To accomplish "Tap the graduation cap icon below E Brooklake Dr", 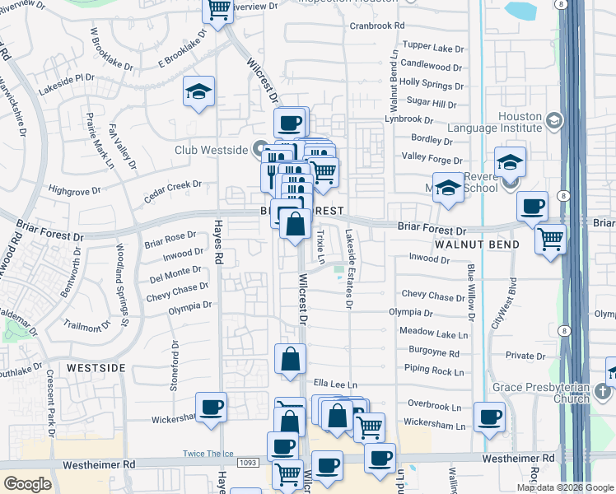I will pyautogui.click(x=198, y=92).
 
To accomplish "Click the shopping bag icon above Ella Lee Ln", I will pyautogui.click(x=291, y=359).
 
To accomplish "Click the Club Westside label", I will pyautogui.click(x=212, y=150).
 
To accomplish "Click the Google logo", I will pyautogui.click(x=27, y=484).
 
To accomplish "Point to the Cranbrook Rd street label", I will pyautogui.click(x=377, y=26).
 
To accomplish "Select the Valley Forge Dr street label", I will pyautogui.click(x=431, y=157).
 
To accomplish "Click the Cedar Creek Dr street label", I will pyautogui.click(x=173, y=185).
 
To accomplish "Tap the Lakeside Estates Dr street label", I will pyautogui.click(x=349, y=269).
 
